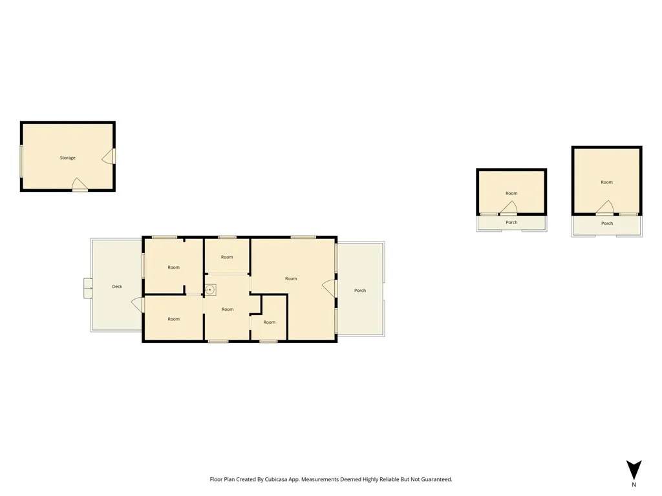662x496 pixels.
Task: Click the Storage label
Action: pos(67,158)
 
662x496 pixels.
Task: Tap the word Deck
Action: pos(117,287)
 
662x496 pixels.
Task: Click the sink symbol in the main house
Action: pos(210,290)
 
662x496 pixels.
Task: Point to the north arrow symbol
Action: pos(634,470)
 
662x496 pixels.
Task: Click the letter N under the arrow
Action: pos(634,485)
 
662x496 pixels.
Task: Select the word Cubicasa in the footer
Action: pos(275,480)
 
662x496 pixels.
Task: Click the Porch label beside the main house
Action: pos(360,291)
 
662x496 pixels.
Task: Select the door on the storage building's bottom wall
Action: pos(80,185)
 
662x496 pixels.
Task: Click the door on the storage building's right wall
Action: pos(109,156)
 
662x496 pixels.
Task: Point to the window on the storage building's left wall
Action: pos(21,161)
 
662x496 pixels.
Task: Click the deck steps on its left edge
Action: pos(88,289)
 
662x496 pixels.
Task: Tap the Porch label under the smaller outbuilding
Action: pos(511,223)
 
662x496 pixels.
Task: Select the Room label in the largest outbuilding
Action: pos(606,183)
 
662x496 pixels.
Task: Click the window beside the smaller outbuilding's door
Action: pos(489,214)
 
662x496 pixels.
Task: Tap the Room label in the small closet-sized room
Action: pos(270,323)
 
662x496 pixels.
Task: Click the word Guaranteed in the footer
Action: pos(439,480)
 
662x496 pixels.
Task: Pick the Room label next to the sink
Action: pos(228,309)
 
